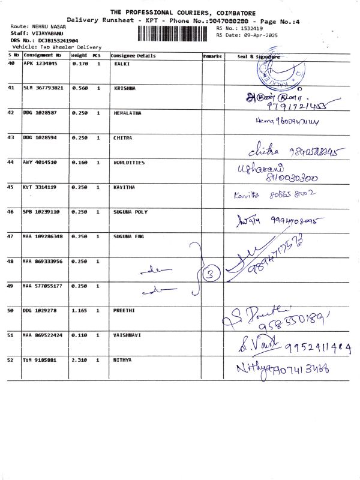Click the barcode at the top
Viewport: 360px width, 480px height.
point(175,32)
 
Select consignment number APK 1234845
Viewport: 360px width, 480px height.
point(40,63)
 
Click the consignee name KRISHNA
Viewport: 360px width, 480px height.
point(125,88)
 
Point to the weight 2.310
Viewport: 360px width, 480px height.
point(79,360)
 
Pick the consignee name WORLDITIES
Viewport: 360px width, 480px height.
point(129,163)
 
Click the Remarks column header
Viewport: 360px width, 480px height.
point(212,56)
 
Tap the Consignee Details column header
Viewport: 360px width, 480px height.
point(133,56)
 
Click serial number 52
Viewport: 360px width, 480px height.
point(11,360)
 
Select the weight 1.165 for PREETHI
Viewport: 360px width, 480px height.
point(79,311)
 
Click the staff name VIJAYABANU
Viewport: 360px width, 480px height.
point(41,34)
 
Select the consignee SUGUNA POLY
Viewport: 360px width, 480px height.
point(130,212)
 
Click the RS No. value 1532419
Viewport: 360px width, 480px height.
point(251,28)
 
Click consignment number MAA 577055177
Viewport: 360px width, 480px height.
point(43,286)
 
